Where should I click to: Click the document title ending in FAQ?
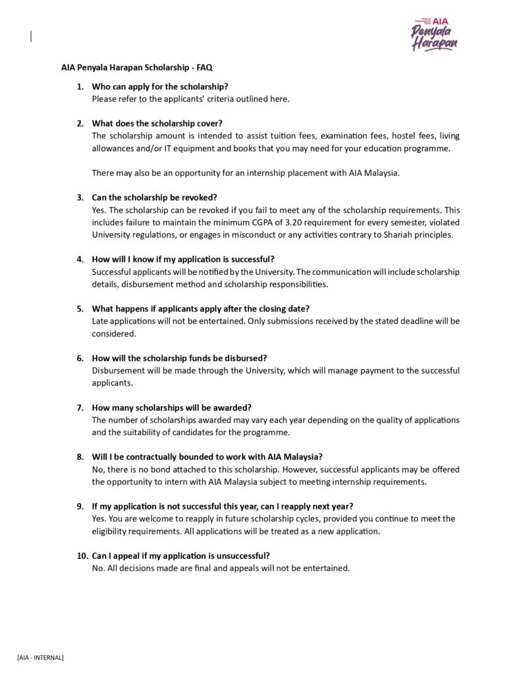[137, 67]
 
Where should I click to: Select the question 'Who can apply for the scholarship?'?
[160, 86]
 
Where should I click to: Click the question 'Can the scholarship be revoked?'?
[154, 197]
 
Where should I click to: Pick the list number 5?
[80, 308]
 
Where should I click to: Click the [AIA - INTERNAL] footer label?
[41, 657]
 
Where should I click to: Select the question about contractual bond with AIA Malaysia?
[207, 457]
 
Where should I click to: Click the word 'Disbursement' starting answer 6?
[117, 370]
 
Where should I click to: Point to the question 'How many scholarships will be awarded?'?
[171, 407]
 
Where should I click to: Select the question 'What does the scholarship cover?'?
[157, 123]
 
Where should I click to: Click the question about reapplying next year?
[222, 506]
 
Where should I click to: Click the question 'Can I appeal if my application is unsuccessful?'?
[180, 556]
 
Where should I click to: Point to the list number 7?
[80, 407]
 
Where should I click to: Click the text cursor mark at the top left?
[31, 37]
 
